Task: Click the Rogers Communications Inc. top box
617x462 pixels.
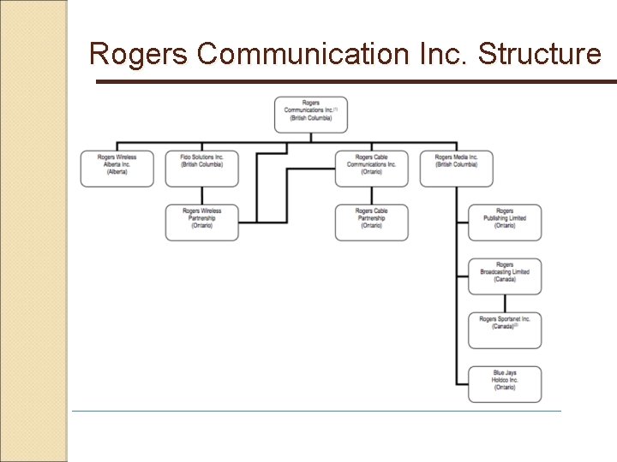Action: (311, 115)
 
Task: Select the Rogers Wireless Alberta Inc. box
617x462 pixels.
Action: (117, 168)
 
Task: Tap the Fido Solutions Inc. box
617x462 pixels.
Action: (202, 168)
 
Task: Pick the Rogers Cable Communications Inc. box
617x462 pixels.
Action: (371, 168)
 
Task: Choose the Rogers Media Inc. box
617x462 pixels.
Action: (456, 168)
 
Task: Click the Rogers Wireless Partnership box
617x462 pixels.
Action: (202, 222)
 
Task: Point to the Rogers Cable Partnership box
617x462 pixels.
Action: (371, 222)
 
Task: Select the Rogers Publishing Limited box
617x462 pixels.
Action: (505, 222)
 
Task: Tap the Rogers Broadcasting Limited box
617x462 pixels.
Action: (505, 275)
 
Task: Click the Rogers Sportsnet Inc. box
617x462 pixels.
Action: (505, 329)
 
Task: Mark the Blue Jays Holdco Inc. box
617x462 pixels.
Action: (505, 383)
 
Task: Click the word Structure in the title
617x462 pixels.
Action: (540, 54)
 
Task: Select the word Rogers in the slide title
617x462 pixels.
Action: (139, 54)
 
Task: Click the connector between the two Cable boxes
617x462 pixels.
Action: (371, 195)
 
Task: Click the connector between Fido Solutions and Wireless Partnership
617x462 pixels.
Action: (202, 195)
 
